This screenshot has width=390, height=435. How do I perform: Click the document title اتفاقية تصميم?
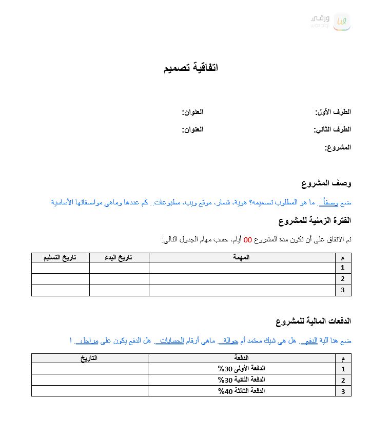[x=191, y=68]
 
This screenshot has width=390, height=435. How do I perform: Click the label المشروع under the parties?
[x=338, y=147]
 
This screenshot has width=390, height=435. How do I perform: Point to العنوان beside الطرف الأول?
[x=192, y=112]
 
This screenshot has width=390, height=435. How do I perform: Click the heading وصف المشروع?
[x=326, y=183]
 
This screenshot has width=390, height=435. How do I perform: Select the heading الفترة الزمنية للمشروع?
[x=315, y=220]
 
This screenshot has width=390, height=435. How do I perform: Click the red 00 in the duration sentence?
[x=247, y=239]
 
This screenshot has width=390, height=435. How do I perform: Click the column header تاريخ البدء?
[x=119, y=257]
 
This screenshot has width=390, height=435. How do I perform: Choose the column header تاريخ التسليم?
[x=60, y=257]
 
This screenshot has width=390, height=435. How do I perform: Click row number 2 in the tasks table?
[x=343, y=279]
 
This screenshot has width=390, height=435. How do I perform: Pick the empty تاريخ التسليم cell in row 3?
[x=60, y=290]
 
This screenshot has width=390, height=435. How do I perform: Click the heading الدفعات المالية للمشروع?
[x=313, y=321]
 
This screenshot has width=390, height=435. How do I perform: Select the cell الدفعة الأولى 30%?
[x=241, y=369]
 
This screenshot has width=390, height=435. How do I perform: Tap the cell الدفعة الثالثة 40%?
[x=241, y=391]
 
